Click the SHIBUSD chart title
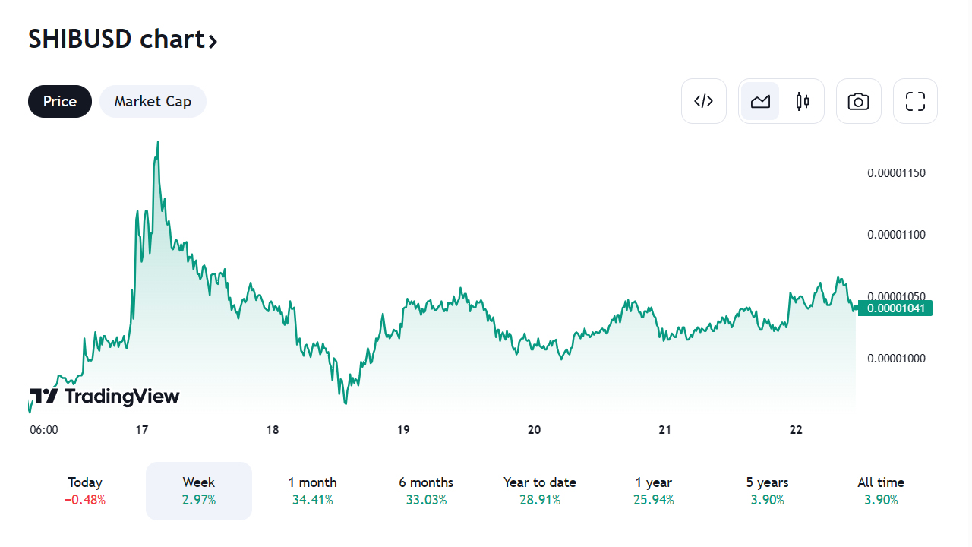point(122,40)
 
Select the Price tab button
point(60,102)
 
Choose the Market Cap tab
point(153,102)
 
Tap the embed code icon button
point(704,101)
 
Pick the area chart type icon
point(760,101)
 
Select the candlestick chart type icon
point(803,101)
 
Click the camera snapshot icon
point(858,101)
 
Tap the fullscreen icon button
point(915,101)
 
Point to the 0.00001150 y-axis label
point(896,173)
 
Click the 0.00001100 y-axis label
point(896,235)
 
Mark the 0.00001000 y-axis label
point(896,359)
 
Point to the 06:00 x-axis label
point(44,430)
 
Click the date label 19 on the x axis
point(403,430)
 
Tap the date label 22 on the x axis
point(796,430)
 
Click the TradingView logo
point(105,396)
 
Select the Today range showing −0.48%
point(85,491)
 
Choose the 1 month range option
point(312,491)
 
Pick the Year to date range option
point(539,491)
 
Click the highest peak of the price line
point(157,142)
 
